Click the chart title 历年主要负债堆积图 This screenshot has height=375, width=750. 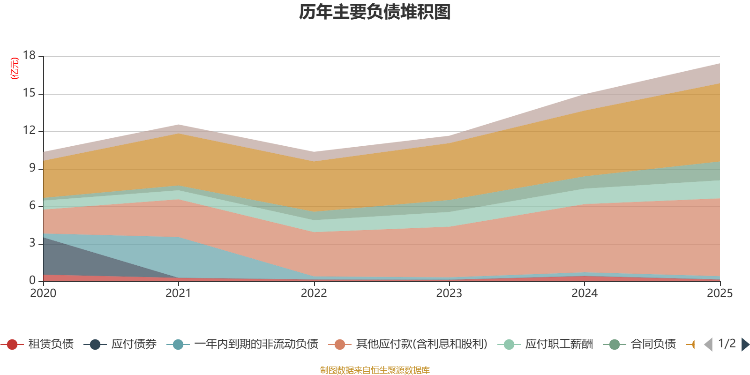(375, 12)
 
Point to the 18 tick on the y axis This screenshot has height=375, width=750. (30, 56)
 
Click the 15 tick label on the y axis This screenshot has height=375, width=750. (30, 93)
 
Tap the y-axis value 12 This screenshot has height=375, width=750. (30, 131)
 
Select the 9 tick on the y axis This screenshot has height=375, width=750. (32, 168)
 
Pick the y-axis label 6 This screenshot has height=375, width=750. (32, 206)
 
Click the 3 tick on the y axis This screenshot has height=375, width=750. (32, 243)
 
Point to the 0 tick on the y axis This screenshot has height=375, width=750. (32, 281)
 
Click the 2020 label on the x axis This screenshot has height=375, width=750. (43, 293)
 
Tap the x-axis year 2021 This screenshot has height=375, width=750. (179, 293)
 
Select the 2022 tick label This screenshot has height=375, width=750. (314, 293)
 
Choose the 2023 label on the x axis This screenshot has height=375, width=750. (449, 293)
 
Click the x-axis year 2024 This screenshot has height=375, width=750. (585, 293)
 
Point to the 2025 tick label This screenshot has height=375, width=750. (720, 293)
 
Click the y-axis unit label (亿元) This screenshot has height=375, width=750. (15, 68)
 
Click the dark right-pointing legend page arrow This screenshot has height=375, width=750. (745, 345)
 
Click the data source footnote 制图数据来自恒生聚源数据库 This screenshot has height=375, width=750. (375, 370)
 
